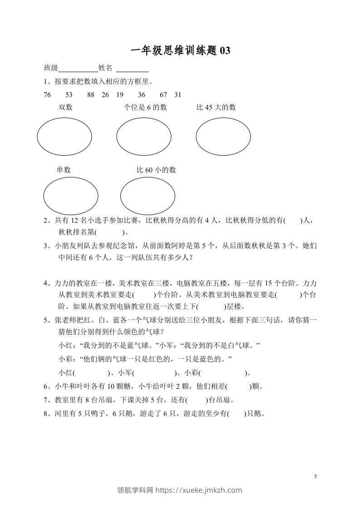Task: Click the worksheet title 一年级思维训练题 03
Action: click(x=180, y=51)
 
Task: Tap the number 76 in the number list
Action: click(x=48, y=95)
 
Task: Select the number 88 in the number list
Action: click(x=91, y=95)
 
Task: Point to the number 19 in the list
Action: click(x=120, y=95)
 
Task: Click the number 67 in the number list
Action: click(x=164, y=95)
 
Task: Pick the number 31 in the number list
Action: click(x=178, y=95)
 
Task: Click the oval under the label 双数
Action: click(x=64, y=136)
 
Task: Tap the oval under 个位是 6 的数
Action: click(x=144, y=136)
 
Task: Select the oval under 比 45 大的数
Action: click(x=223, y=136)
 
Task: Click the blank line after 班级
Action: click(x=78, y=69)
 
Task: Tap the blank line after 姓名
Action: click(x=133, y=69)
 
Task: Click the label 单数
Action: click(x=64, y=170)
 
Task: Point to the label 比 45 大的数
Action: click(x=216, y=108)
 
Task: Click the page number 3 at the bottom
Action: click(x=315, y=476)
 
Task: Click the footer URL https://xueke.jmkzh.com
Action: click(x=199, y=490)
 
